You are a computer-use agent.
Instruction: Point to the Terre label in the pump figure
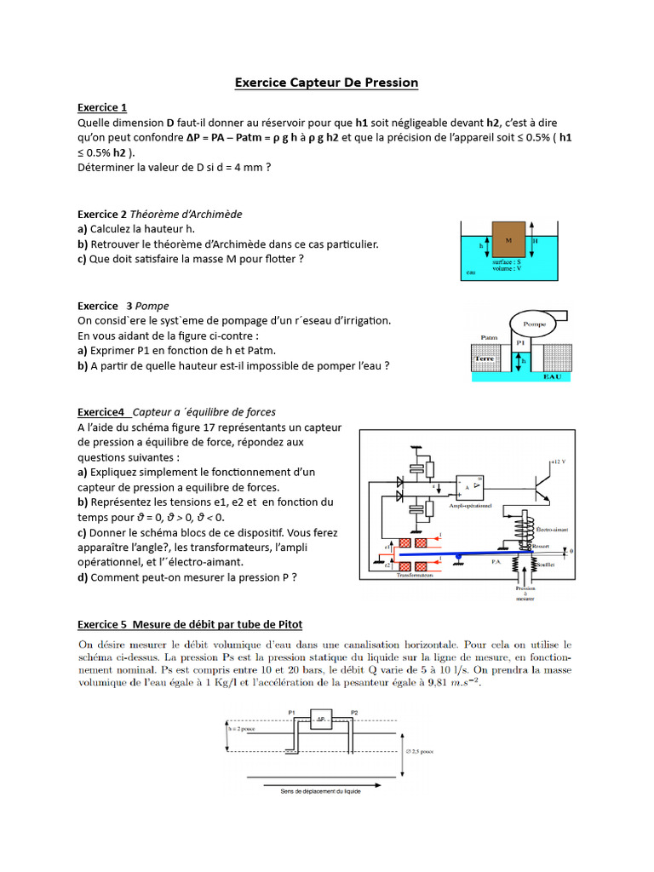point(485,359)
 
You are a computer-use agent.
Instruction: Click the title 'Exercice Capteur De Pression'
point(327,83)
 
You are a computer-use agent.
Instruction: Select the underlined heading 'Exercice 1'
point(102,107)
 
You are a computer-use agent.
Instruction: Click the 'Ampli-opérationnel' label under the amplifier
point(471,505)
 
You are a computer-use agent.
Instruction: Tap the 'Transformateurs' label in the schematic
point(416,575)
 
